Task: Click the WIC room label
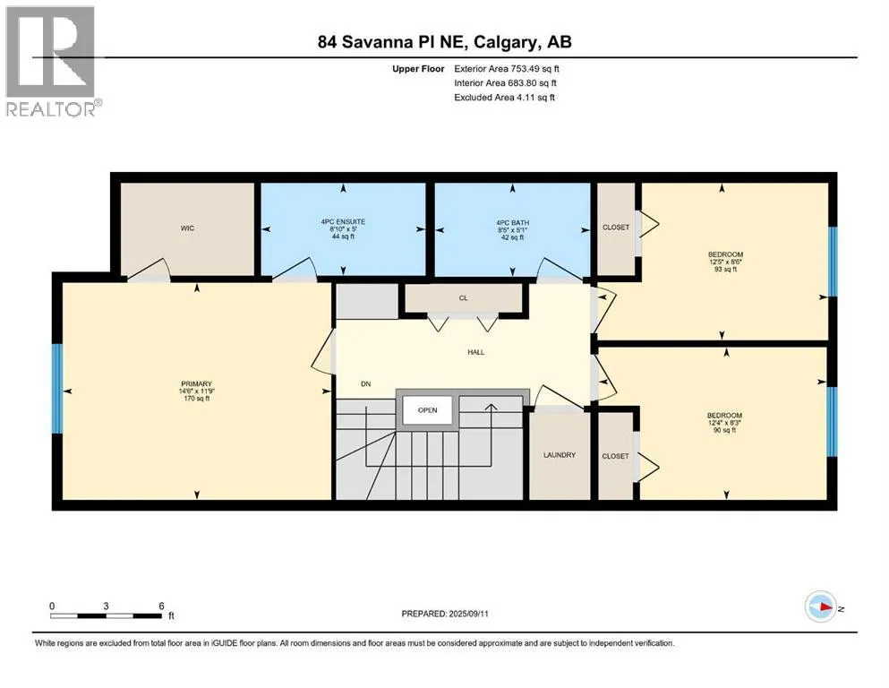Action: pyautogui.click(x=187, y=228)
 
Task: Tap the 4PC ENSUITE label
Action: pyautogui.click(x=343, y=222)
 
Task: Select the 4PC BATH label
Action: pyautogui.click(x=512, y=223)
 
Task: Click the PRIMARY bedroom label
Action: pyautogui.click(x=196, y=384)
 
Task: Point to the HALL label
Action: pyautogui.click(x=475, y=352)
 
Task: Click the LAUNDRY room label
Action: pyautogui.click(x=559, y=455)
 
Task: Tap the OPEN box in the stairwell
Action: pyautogui.click(x=428, y=410)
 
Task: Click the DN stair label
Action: pyautogui.click(x=365, y=384)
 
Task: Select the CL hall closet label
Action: pyautogui.click(x=463, y=297)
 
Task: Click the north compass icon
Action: pyautogui.click(x=820, y=606)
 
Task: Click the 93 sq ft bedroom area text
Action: pyautogui.click(x=725, y=270)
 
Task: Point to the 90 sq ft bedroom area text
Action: pyautogui.click(x=724, y=430)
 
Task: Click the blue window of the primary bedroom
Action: pyautogui.click(x=56, y=389)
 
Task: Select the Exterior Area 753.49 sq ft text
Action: pyautogui.click(x=507, y=69)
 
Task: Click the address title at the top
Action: pyautogui.click(x=444, y=42)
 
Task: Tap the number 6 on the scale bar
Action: pyautogui.click(x=161, y=606)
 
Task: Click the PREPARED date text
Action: pyautogui.click(x=444, y=614)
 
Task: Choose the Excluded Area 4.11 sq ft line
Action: pyautogui.click(x=504, y=97)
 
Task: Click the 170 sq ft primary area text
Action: pyautogui.click(x=197, y=398)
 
